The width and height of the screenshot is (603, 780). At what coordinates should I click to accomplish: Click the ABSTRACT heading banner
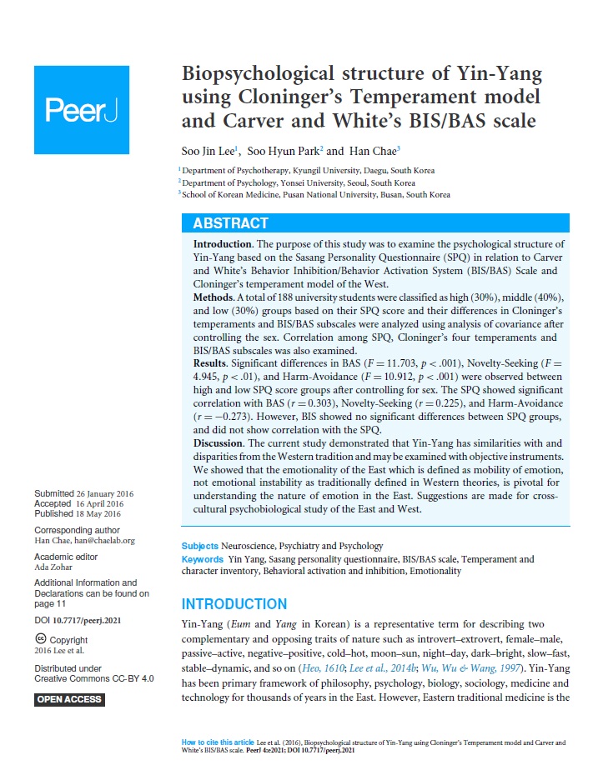375,223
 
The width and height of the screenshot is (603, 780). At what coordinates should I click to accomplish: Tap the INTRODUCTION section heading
234,604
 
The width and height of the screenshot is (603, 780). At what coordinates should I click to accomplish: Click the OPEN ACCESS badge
70,699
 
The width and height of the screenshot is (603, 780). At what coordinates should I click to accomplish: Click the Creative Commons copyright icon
40,640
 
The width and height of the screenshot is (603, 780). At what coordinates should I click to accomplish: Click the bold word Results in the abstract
214,364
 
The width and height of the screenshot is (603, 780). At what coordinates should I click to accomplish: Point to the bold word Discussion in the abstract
223,442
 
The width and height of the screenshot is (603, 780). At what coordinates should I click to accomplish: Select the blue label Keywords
203,559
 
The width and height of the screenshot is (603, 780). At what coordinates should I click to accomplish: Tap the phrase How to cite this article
219,741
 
